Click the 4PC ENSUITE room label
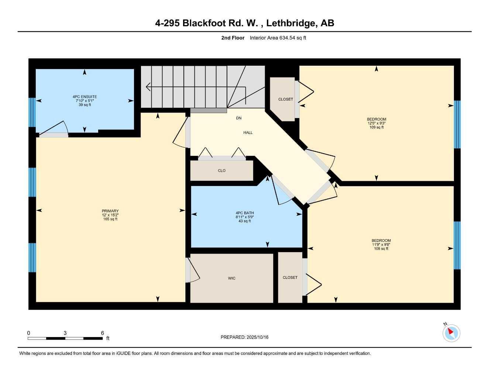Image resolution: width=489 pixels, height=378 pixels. [x=85, y=97]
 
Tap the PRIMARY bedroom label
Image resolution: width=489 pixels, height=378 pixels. [x=110, y=211]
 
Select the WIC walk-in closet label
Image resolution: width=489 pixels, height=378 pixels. [x=231, y=278]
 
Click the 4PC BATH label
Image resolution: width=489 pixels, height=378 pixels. [x=245, y=213]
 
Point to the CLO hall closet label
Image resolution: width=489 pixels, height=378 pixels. [x=221, y=171]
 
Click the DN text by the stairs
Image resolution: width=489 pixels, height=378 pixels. [x=239, y=118]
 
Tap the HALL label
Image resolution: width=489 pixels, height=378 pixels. [x=248, y=133]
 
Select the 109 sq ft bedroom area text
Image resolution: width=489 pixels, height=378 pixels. [x=376, y=127]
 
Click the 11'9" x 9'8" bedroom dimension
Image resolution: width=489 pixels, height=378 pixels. [x=381, y=244]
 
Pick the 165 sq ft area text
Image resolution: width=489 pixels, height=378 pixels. [x=110, y=219]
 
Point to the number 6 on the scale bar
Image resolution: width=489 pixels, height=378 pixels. [x=103, y=333]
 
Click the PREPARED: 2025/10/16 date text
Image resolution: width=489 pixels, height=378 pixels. [x=244, y=337]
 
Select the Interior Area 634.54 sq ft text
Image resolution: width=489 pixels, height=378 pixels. [x=278, y=38]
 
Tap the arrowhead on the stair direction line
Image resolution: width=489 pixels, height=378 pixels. [x=148, y=87]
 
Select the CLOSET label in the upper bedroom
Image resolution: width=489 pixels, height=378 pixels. [x=286, y=99]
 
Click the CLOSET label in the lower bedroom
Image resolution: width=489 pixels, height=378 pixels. [x=290, y=278]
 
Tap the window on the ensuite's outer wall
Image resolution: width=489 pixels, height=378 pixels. [x=32, y=112]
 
